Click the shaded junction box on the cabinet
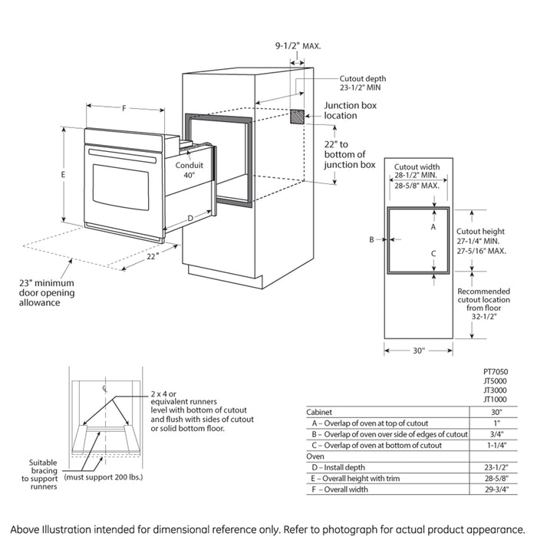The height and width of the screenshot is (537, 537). click(297, 116)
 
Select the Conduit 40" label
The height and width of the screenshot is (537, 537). click(189, 170)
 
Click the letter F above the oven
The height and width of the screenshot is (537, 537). click(124, 108)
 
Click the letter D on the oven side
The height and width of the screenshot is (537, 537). click(190, 219)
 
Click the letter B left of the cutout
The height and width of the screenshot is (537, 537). click(371, 239)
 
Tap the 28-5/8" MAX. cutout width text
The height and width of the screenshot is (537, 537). click(416, 186)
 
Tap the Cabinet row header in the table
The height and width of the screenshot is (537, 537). click(320, 412)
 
